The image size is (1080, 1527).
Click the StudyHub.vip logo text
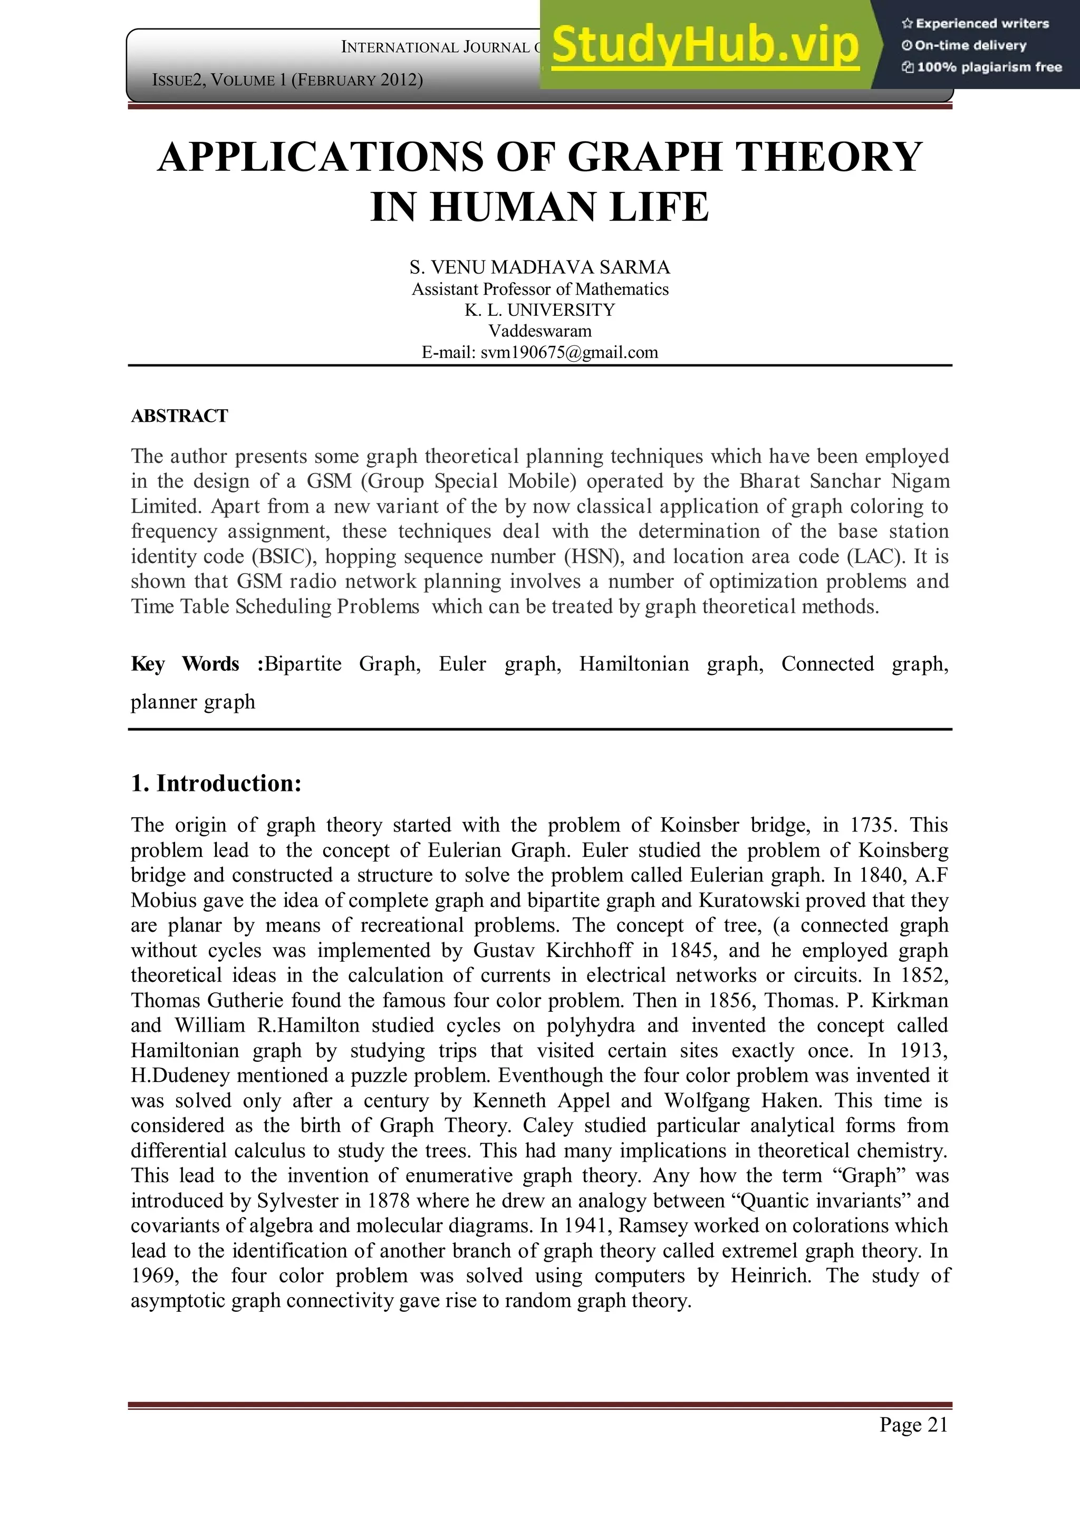point(705,45)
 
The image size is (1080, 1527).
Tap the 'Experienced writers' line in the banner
point(975,24)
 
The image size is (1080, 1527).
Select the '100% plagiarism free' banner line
point(981,67)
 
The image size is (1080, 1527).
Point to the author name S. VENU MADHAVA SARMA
point(539,267)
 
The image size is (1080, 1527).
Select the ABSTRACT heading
point(179,417)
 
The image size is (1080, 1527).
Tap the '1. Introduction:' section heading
point(216,784)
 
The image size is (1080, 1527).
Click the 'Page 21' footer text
point(913,1425)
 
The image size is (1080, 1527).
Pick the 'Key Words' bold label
point(185,664)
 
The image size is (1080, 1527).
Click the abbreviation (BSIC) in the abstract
point(281,556)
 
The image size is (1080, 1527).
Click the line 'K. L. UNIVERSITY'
point(539,310)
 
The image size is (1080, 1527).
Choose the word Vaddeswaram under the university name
point(539,331)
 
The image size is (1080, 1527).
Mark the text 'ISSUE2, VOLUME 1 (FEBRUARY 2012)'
point(287,81)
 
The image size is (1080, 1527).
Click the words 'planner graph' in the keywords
point(193,702)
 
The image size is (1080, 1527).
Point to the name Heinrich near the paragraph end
point(771,1275)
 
